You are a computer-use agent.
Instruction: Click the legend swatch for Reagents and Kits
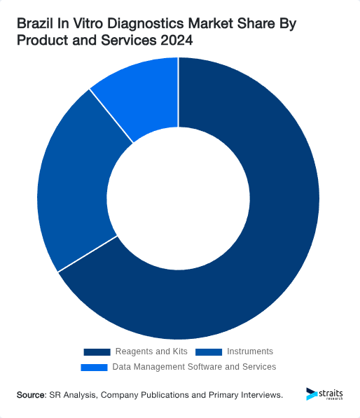[97, 351]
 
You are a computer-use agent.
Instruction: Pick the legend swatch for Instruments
[209, 351]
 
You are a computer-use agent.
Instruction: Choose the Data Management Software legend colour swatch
[95, 367]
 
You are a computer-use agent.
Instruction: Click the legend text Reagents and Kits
[151, 351]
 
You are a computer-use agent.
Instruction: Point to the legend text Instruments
[250, 351]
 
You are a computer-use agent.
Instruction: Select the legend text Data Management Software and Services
[194, 367]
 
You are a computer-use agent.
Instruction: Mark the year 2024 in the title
[176, 41]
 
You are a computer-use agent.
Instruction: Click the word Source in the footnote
[31, 396]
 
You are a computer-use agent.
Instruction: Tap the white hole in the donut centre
[179, 198]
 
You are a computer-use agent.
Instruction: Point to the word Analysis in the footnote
[81, 396]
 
